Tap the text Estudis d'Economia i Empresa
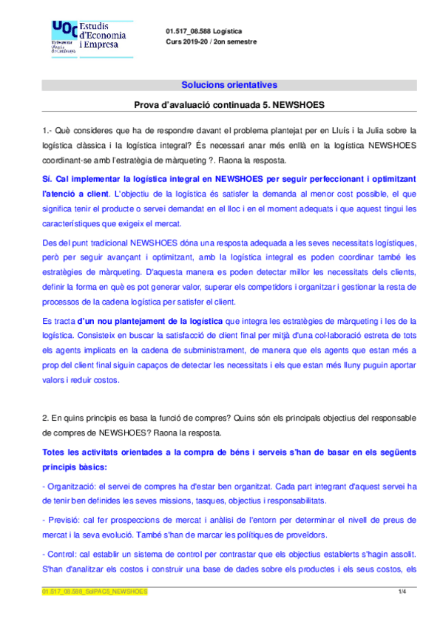pyautogui.click(x=102, y=35)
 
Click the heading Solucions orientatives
pyautogui.click(x=229, y=85)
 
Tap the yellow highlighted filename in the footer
pyautogui.click(x=95, y=592)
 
